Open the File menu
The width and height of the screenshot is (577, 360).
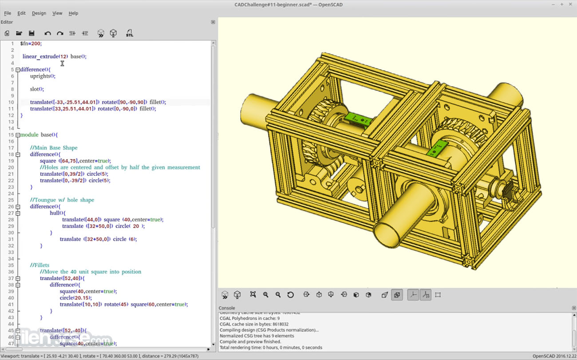[x=8, y=13]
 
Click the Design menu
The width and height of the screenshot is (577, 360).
[x=39, y=13]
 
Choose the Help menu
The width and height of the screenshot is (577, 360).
[x=73, y=13]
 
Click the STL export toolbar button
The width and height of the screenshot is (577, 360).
[x=129, y=33]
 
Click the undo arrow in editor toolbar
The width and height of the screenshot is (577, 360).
[x=47, y=33]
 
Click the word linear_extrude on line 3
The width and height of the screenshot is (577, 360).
[x=40, y=56]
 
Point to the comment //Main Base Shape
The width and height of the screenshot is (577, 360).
[x=54, y=148]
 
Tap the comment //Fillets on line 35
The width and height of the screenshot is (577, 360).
[x=40, y=265]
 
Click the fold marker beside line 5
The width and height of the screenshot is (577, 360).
[x=18, y=70]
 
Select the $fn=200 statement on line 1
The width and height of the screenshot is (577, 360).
[x=31, y=44]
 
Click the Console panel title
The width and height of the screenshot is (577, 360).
[x=227, y=308]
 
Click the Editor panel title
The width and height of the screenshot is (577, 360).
[x=7, y=22]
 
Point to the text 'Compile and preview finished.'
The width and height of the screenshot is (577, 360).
[x=250, y=342]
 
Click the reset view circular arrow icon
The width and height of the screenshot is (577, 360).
[x=290, y=295]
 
